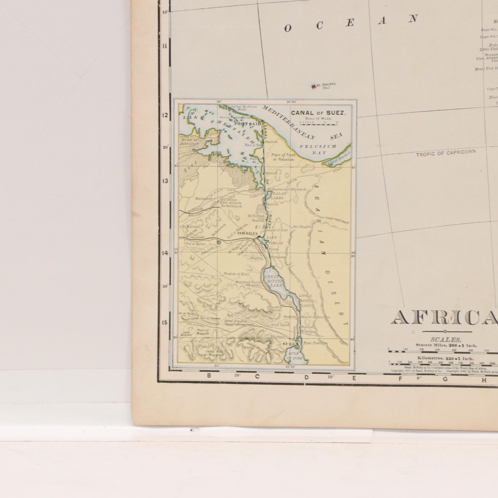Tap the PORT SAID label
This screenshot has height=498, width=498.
click(248, 124)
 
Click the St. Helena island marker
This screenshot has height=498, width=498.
click(313, 86)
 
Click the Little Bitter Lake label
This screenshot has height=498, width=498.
click(306, 301)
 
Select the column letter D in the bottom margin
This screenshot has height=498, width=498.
click(307, 378)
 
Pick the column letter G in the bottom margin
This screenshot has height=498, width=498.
click(445, 379)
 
